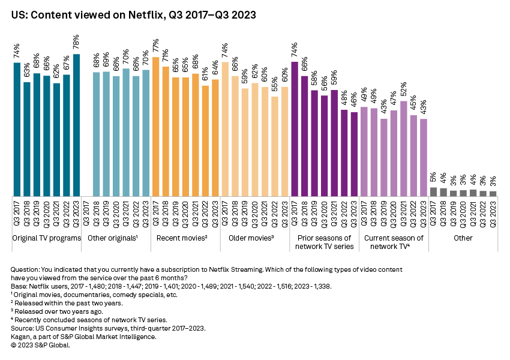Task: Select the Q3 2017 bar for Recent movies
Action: pos(156,126)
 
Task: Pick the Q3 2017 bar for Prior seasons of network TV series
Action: pos(295,128)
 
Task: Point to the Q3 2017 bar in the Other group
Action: pos(434,191)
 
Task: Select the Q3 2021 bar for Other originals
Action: pos(126,132)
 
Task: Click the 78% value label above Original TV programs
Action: pos(76,43)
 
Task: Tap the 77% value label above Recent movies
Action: pos(156,46)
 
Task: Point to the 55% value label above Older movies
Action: pos(275,85)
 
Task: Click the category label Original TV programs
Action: pos(47,238)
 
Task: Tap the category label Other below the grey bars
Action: pos(463,238)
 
